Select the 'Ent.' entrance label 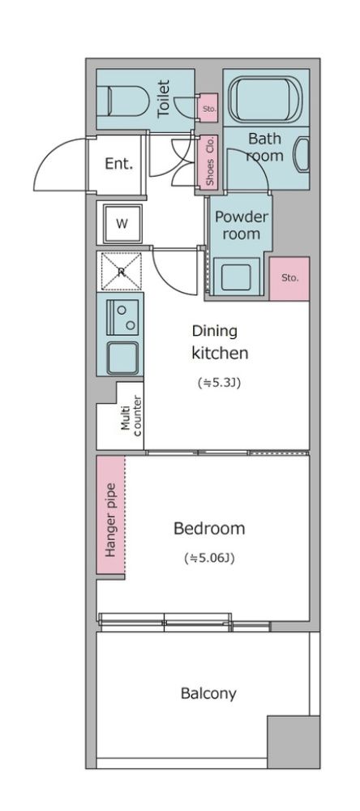point(119,165)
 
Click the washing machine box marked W point(122,224)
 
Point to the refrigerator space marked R point(121,272)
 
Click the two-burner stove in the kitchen point(122,317)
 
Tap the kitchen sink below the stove point(122,358)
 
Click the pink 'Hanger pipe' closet point(111,515)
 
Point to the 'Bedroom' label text point(209,529)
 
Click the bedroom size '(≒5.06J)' point(209,558)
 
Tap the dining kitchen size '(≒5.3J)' point(220,384)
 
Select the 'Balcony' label point(208,693)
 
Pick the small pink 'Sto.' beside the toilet point(209,107)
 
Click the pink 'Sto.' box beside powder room point(289,278)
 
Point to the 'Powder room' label point(241,225)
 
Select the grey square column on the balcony point(293,742)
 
